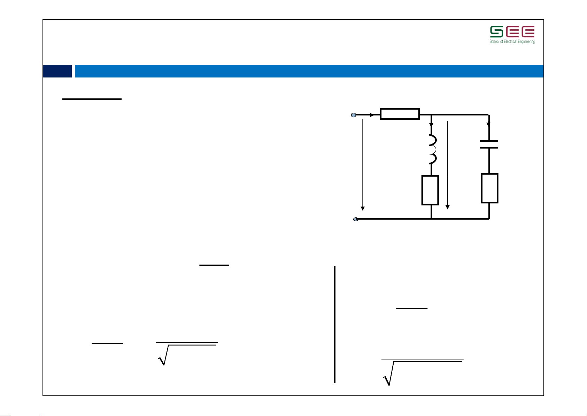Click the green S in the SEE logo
click(x=496, y=31)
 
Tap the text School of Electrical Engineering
click(x=512, y=42)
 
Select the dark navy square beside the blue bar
click(x=57, y=71)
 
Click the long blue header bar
click(x=309, y=71)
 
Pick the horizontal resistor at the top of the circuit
click(x=400, y=114)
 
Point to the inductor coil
click(x=433, y=149)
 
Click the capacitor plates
click(x=489, y=144)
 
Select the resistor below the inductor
click(x=430, y=190)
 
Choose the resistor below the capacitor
click(x=489, y=188)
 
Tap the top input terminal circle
click(x=354, y=115)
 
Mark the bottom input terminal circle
click(x=356, y=219)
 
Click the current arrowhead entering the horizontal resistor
click(x=372, y=115)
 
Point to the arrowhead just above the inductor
click(x=431, y=125)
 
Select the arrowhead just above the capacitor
click(x=488, y=125)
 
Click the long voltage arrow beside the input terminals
click(x=363, y=165)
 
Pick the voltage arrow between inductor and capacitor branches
click(x=447, y=165)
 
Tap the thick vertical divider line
click(x=335, y=325)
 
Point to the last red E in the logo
click(x=528, y=31)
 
